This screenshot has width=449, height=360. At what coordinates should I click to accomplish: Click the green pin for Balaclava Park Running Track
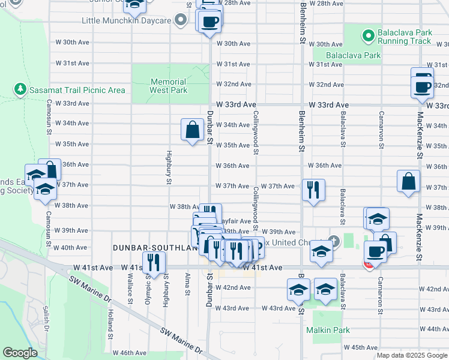[367, 36]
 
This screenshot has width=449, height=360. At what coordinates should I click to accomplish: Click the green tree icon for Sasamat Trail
[20, 89]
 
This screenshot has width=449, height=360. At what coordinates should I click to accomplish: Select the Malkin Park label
[327, 330]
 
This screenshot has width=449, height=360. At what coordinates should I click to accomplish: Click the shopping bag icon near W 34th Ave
[191, 129]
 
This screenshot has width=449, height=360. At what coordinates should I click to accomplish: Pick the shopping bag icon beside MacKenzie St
[408, 181]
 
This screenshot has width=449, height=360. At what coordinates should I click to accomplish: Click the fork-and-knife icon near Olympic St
[154, 262]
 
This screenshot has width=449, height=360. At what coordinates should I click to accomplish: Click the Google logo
[20, 353]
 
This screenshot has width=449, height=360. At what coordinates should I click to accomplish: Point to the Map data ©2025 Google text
[412, 355]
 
